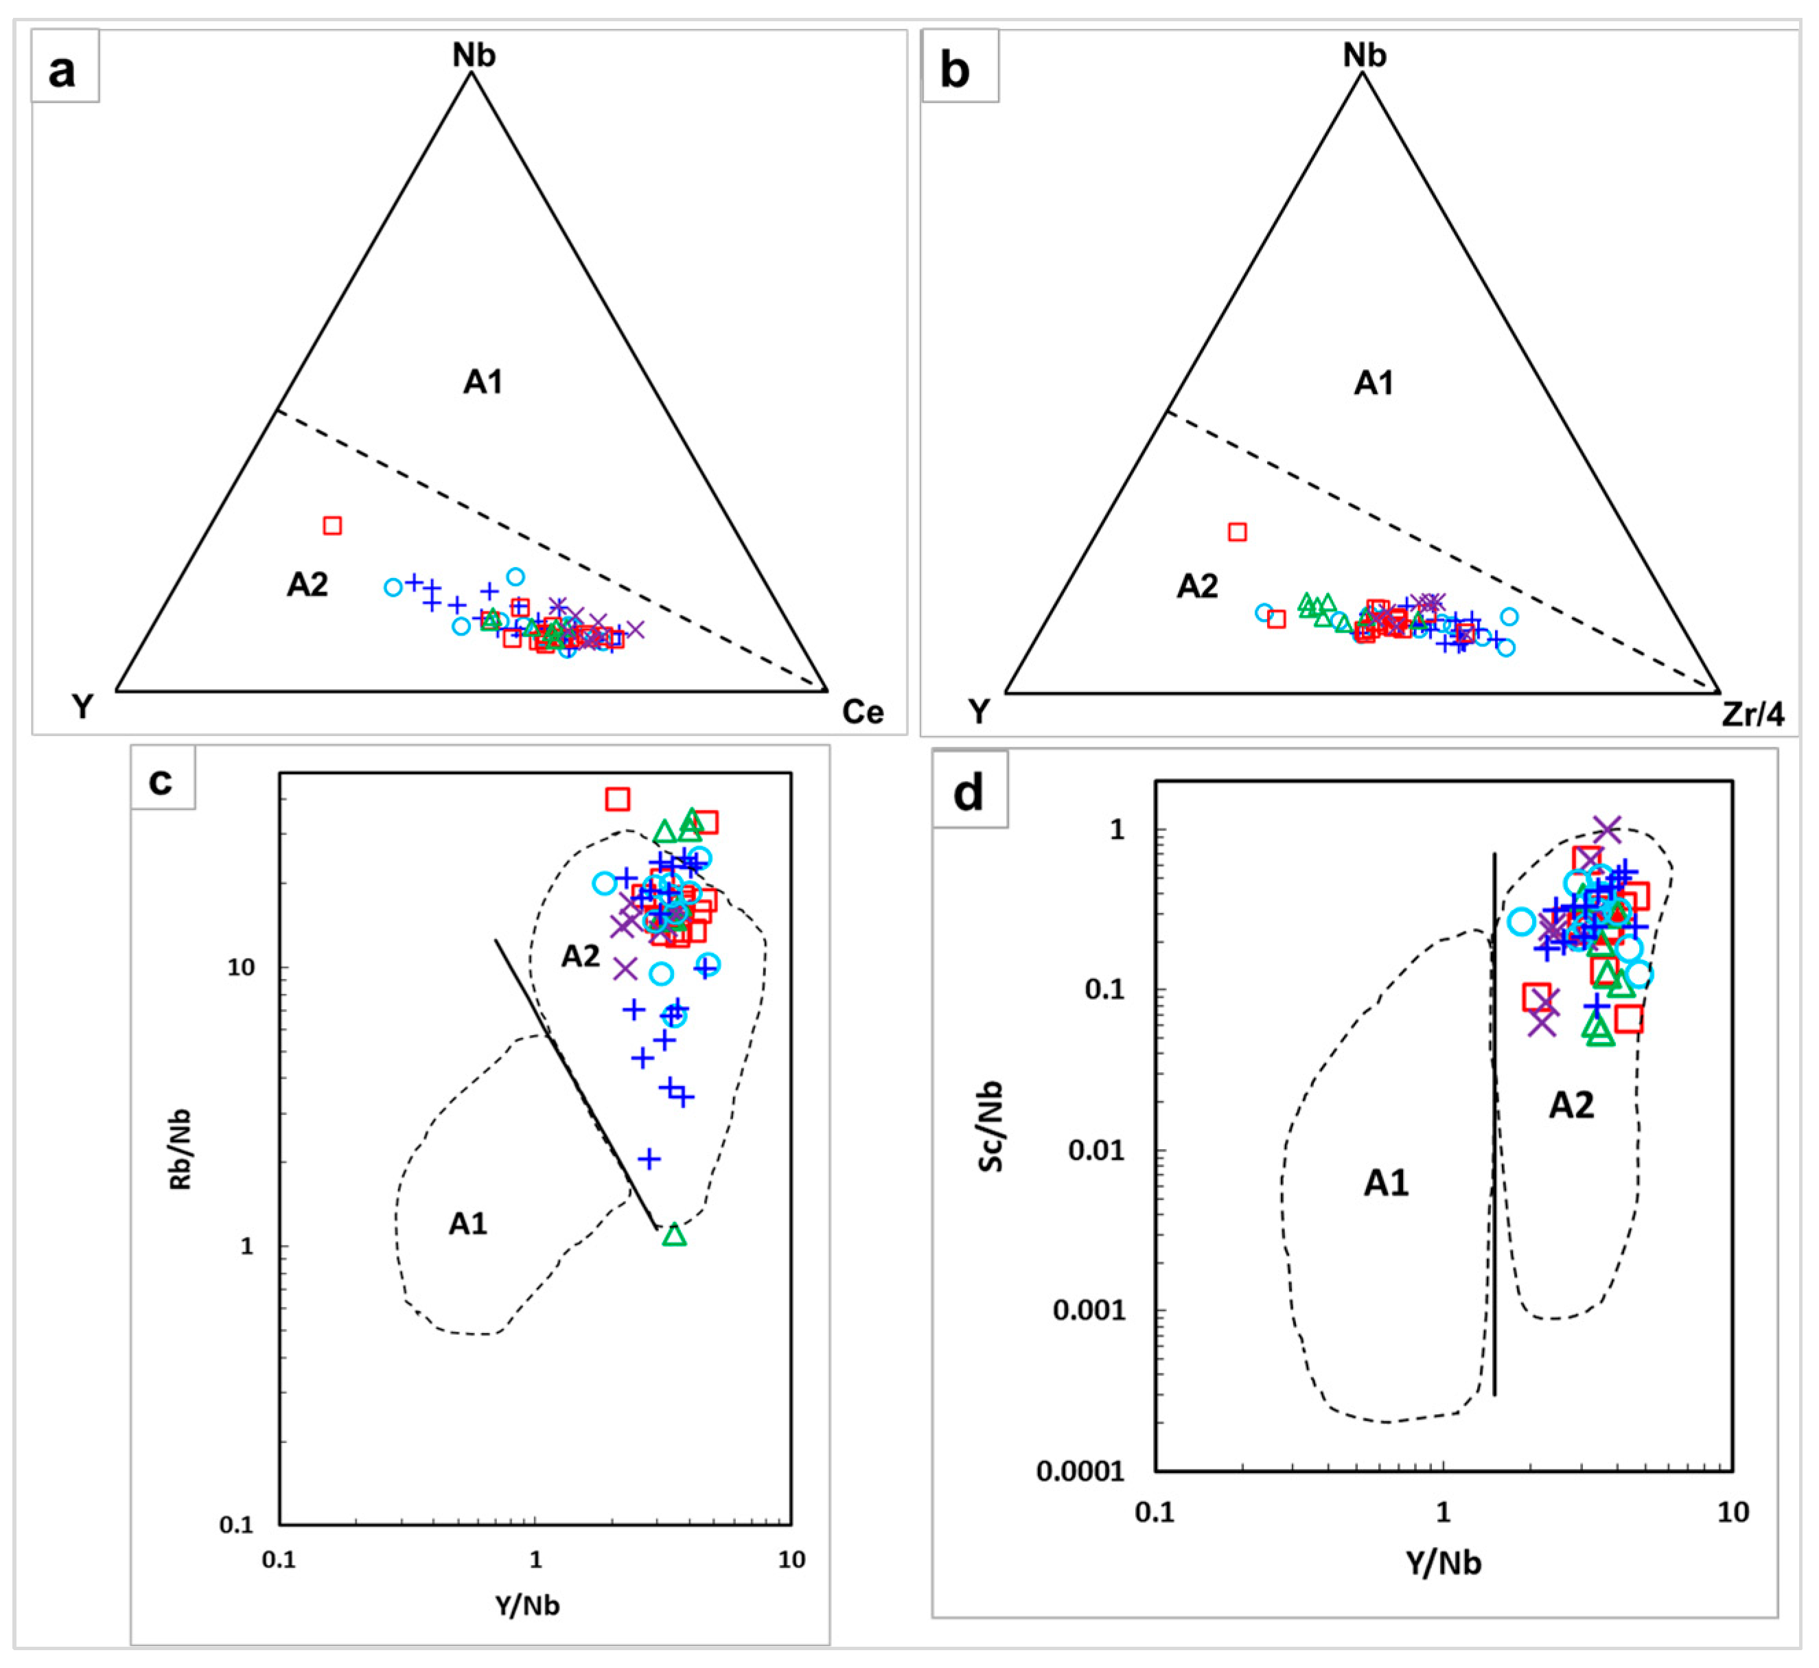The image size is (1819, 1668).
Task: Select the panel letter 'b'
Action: pyautogui.click(x=955, y=69)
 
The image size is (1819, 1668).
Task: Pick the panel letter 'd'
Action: pyautogui.click(x=969, y=791)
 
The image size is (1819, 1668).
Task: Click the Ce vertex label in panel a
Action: pyautogui.click(x=862, y=712)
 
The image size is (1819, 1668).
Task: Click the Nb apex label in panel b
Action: pyautogui.click(x=1364, y=55)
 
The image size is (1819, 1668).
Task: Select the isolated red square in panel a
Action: pyautogui.click(x=332, y=525)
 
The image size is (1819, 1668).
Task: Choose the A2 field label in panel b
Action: pyautogui.click(x=1197, y=587)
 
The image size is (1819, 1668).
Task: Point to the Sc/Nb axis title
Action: pyautogui.click(x=991, y=1126)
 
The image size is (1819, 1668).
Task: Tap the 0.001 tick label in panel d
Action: pyautogui.click(x=1089, y=1310)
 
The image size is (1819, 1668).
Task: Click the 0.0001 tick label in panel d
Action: pyautogui.click(x=1080, y=1470)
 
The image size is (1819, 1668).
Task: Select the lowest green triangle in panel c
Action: pyautogui.click(x=674, y=1235)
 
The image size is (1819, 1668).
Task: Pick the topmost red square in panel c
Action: pyautogui.click(x=618, y=799)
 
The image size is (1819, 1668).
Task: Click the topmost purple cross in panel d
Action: pyautogui.click(x=1608, y=828)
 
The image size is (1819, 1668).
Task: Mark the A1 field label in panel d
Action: pyautogui.click(x=1386, y=1183)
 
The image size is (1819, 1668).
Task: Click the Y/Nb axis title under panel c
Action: pyautogui.click(x=527, y=1605)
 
